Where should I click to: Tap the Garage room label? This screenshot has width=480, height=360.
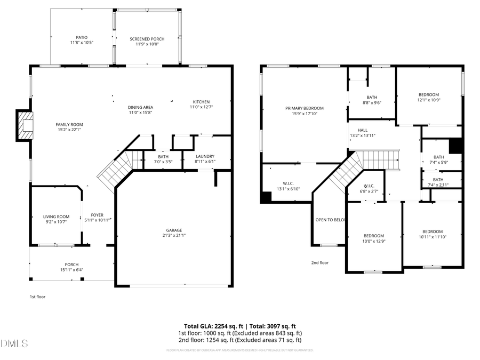point(174,230)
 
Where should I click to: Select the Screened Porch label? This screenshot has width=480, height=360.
point(147,39)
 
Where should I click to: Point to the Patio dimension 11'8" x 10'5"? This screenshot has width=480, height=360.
point(82,43)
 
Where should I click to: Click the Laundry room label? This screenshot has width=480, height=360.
point(204,156)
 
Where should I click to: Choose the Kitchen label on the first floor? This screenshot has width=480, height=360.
point(201,102)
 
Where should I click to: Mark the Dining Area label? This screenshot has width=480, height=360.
point(141,107)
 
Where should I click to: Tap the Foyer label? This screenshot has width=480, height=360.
point(97,215)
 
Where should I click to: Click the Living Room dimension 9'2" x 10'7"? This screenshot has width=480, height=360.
point(57,222)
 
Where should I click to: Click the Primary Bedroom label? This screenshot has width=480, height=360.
point(304,108)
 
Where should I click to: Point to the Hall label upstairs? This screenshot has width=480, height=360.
point(362,130)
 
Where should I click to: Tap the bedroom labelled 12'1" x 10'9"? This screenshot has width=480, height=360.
point(428,95)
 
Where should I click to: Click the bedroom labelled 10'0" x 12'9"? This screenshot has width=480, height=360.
point(373,236)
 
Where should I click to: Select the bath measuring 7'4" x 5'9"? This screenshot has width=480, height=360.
point(438,159)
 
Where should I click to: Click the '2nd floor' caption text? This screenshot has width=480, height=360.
point(319,262)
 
